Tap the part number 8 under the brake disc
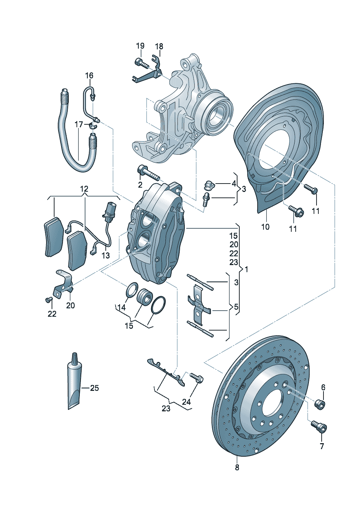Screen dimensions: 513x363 [237, 467]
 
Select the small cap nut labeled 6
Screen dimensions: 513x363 [320, 404]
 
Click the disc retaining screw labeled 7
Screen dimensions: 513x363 [319, 426]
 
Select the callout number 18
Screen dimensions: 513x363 [159, 46]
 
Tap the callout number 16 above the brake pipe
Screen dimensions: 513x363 [89, 75]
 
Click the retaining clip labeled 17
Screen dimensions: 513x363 [92, 126]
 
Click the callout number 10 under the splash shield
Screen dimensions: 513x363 [265, 227]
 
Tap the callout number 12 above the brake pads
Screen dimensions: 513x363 [84, 189]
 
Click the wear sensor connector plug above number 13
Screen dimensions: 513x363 [110, 211]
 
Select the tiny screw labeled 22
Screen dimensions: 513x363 [48, 300]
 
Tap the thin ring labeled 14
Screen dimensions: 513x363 [132, 290]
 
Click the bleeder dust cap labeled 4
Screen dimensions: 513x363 [209, 185]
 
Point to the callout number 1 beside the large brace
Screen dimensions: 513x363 [247, 269]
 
